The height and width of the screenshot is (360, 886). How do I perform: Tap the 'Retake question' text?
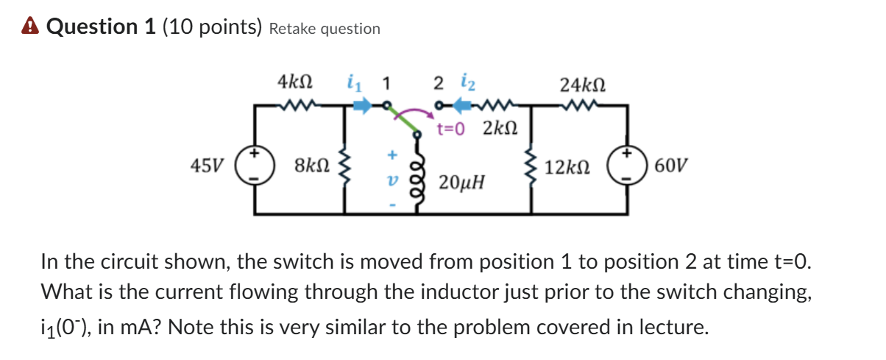(325, 29)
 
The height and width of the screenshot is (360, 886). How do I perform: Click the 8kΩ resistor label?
(311, 163)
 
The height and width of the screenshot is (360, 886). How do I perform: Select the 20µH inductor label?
(461, 182)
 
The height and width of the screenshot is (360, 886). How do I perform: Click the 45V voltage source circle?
(255, 166)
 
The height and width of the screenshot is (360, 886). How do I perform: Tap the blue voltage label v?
(391, 178)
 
